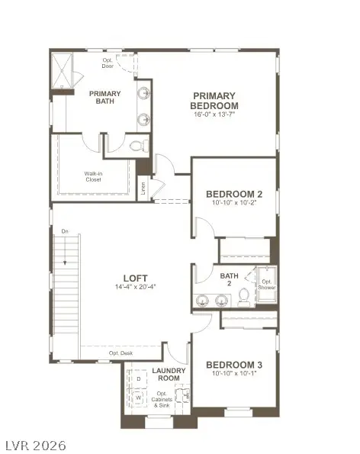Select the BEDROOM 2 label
click(235, 195)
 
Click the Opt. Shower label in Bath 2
click(266, 285)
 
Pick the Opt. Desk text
click(120, 353)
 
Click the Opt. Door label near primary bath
click(108, 63)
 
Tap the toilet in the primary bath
click(137, 145)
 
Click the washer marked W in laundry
click(139, 397)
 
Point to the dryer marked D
click(139, 378)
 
